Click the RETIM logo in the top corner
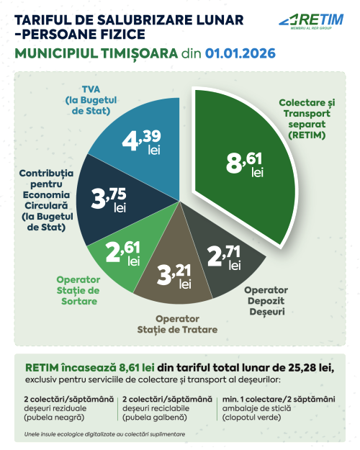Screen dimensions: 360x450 tap(311, 21)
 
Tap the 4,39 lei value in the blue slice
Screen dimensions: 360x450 tap(142, 143)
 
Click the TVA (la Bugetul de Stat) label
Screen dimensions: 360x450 tap(91, 100)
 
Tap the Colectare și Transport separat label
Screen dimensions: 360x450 tap(307, 119)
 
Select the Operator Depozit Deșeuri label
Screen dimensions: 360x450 tap(266, 301)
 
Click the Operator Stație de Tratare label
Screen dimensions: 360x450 tap(177, 324)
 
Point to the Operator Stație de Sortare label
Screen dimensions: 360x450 tap(78, 290)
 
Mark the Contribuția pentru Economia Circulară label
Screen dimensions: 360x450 tap(46, 200)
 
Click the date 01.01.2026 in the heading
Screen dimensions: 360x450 tap(240, 53)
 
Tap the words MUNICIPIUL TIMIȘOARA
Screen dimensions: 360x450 tap(96, 53)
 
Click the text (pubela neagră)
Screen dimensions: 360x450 tap(54, 417)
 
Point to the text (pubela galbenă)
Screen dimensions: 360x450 tap(155, 417)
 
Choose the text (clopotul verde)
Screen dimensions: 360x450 tap(251, 417)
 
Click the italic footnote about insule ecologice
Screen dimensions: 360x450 tap(104, 434)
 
